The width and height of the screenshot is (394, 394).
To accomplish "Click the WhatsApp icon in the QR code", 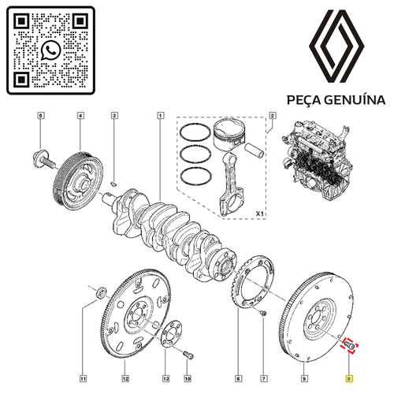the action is (x=50, y=50).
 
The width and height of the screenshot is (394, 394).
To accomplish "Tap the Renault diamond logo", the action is (x=336, y=46).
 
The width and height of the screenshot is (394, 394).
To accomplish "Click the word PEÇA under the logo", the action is (x=304, y=100).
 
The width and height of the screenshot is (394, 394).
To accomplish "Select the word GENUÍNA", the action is (x=355, y=100).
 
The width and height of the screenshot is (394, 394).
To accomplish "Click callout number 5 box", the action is (x=40, y=115).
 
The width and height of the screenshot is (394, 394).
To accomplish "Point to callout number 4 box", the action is (x=80, y=115).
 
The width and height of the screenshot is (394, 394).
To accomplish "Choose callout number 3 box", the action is (x=114, y=115).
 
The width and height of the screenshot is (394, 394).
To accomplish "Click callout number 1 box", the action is (x=161, y=115).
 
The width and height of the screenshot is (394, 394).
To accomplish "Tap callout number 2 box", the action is (x=273, y=115).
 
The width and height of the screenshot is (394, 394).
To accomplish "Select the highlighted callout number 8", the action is (x=349, y=378).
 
